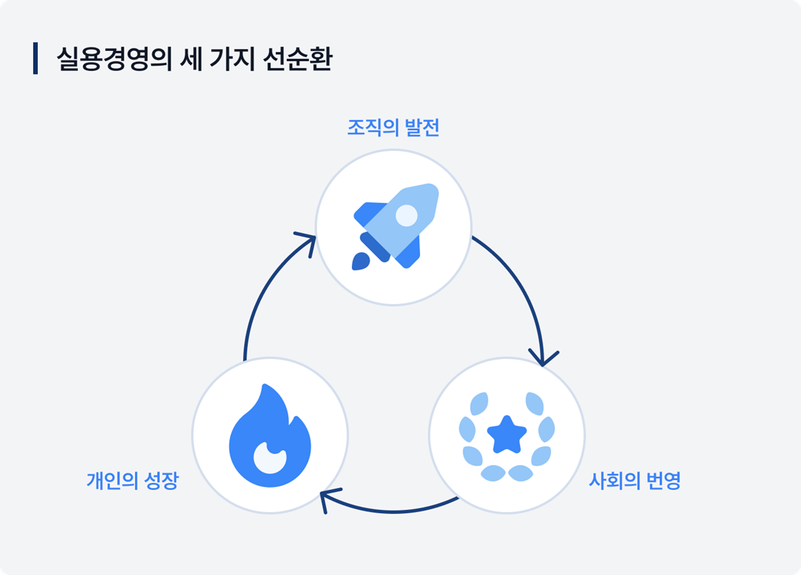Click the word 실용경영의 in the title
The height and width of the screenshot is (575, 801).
[x=114, y=59]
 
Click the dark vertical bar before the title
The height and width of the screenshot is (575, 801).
[x=35, y=59]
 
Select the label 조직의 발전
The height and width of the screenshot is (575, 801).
[x=393, y=129]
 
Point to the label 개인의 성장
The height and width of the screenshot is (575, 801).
[x=132, y=480]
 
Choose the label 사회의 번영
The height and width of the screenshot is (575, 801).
[x=634, y=480]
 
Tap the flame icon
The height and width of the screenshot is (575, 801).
[x=270, y=437]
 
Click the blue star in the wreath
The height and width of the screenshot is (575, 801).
[x=506, y=433]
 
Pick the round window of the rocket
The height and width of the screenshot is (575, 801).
[x=406, y=215]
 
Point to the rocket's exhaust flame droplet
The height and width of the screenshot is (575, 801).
[x=360, y=261]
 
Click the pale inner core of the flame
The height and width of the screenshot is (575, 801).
[x=270, y=458]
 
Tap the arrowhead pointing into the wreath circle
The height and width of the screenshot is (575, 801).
[x=544, y=357]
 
